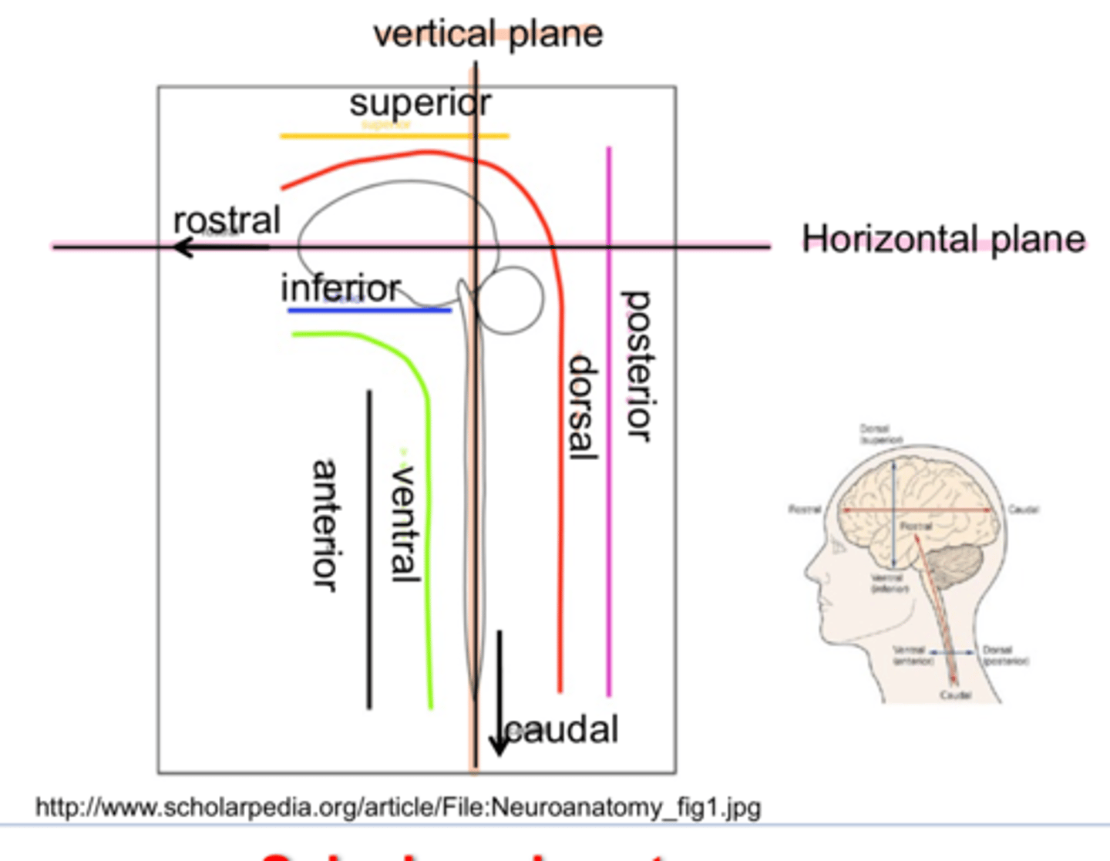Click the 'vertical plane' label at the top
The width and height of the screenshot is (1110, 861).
pos(487,35)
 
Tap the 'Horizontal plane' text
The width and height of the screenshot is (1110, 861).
pos(943,239)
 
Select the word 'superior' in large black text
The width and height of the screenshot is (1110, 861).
pos(420,103)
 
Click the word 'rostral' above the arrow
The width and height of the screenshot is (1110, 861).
pos(227,220)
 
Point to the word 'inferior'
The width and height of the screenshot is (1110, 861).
pos(340,289)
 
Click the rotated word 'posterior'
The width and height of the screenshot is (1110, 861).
pos(637,366)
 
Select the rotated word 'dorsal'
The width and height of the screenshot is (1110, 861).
pos(583,407)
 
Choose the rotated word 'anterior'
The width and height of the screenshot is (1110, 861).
pos(325,526)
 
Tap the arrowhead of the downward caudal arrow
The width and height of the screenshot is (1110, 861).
pos(499,746)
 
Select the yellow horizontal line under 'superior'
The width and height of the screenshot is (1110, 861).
pos(394,136)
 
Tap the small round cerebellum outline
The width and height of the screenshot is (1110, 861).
pos(510,300)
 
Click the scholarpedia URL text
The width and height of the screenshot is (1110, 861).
pos(398,808)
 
